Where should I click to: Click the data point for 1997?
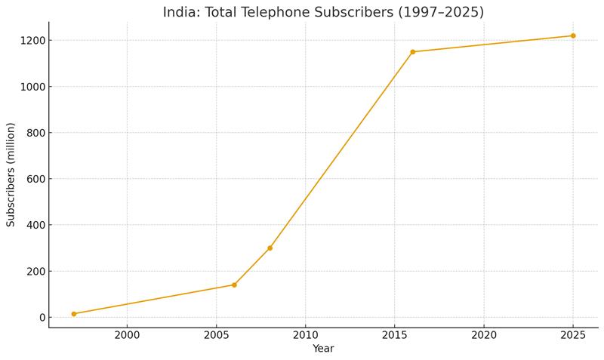[x=74, y=314]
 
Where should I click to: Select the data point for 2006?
[x=234, y=285]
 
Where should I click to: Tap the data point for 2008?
[x=270, y=248]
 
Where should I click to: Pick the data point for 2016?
[x=412, y=52]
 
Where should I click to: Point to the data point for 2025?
[x=573, y=35]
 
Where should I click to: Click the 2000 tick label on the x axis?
[x=127, y=334]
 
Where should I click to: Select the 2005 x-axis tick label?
[x=216, y=334]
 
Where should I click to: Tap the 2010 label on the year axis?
[x=305, y=334]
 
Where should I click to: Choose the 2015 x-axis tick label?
[x=394, y=334]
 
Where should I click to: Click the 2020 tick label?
[x=484, y=334]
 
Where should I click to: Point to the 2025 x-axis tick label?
[x=573, y=334]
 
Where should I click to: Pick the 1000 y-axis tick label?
[x=32, y=87]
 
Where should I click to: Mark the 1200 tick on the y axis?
[x=32, y=41]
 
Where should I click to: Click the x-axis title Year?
[x=323, y=349]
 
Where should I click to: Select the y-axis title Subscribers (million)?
[x=11, y=174]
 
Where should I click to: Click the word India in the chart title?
[x=179, y=12]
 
